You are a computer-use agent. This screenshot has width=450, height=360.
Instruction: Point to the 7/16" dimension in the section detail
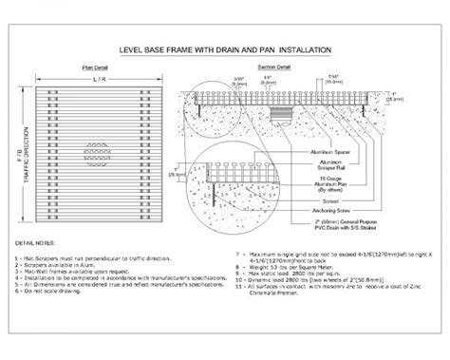click(x=338, y=76)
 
